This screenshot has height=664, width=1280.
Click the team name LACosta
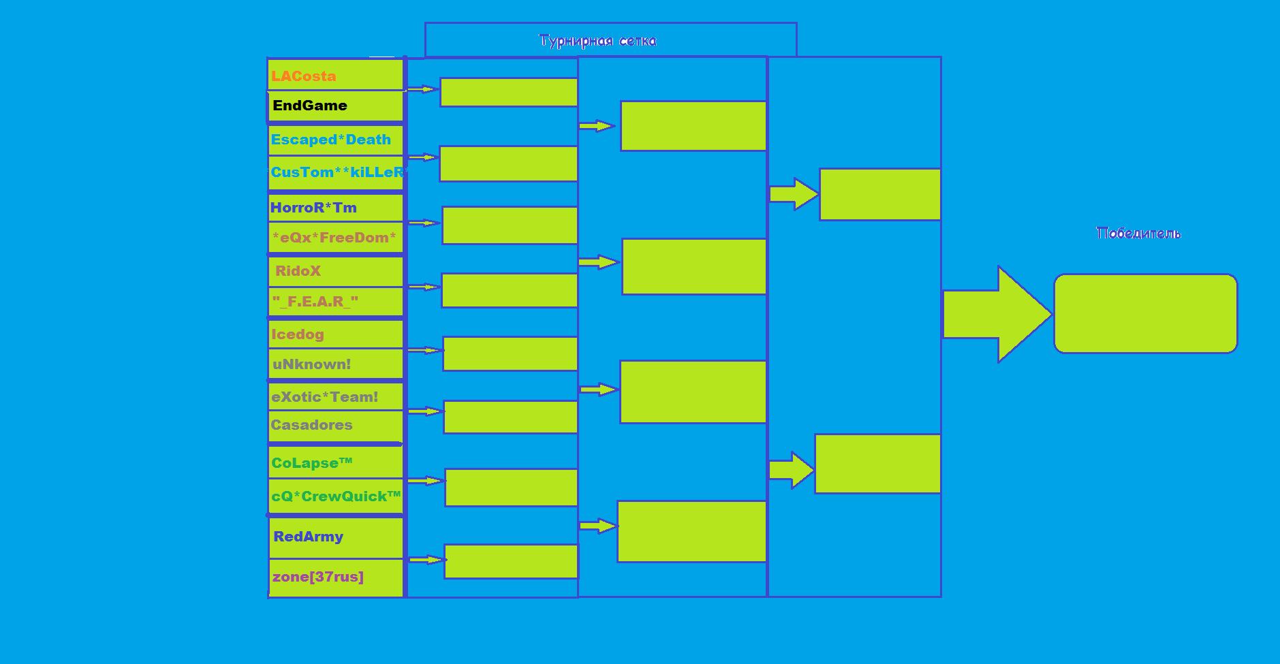(x=303, y=76)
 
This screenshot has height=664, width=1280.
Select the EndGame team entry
(x=310, y=106)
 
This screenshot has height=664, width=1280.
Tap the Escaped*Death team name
(x=331, y=140)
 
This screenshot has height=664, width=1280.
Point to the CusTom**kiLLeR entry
(x=338, y=172)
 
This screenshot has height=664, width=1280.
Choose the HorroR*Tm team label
(x=313, y=208)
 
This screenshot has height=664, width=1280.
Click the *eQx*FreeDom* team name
(x=334, y=238)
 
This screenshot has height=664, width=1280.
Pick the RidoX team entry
(x=298, y=271)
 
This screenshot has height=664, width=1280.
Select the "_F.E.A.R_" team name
(x=315, y=301)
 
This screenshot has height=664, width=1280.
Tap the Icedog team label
(x=298, y=334)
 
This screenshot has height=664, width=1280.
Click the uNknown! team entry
(x=311, y=364)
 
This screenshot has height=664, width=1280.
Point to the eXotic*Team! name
(x=324, y=397)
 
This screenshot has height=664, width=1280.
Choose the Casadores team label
(x=311, y=425)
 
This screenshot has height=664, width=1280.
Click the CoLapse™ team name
(x=311, y=463)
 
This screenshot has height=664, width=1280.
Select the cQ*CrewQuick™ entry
(x=336, y=496)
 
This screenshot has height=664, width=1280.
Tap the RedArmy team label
(x=308, y=537)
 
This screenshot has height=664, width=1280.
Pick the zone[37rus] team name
(x=318, y=577)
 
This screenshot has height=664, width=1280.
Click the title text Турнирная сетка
(x=597, y=41)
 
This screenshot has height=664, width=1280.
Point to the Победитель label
(x=1138, y=233)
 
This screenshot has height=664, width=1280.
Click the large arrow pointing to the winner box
(x=997, y=314)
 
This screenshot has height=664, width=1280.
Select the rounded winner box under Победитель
(x=1146, y=314)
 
